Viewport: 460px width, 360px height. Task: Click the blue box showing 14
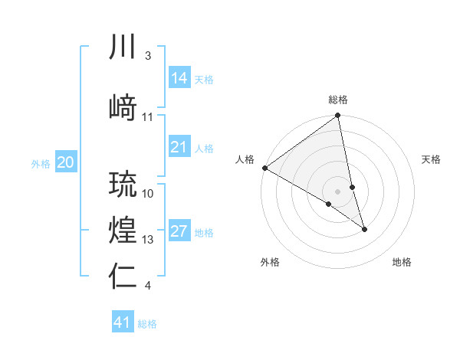[179, 77]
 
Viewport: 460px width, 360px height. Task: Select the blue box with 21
[179, 147]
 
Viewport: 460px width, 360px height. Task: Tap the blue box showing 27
[179, 231]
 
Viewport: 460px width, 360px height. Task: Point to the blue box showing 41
[123, 322]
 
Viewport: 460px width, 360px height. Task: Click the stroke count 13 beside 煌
[148, 240]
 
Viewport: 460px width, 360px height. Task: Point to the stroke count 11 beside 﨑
[148, 117]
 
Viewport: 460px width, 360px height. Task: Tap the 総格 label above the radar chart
[338, 100]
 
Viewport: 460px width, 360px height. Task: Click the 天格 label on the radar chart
[431, 159]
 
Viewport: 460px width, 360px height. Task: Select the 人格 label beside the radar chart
[245, 159]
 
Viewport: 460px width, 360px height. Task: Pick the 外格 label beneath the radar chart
[270, 262]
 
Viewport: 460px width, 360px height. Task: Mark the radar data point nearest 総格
[337, 116]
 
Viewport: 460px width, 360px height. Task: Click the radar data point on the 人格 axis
[264, 168]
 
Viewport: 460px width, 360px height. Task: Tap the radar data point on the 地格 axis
[364, 229]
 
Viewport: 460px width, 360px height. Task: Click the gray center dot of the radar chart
[337, 191]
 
